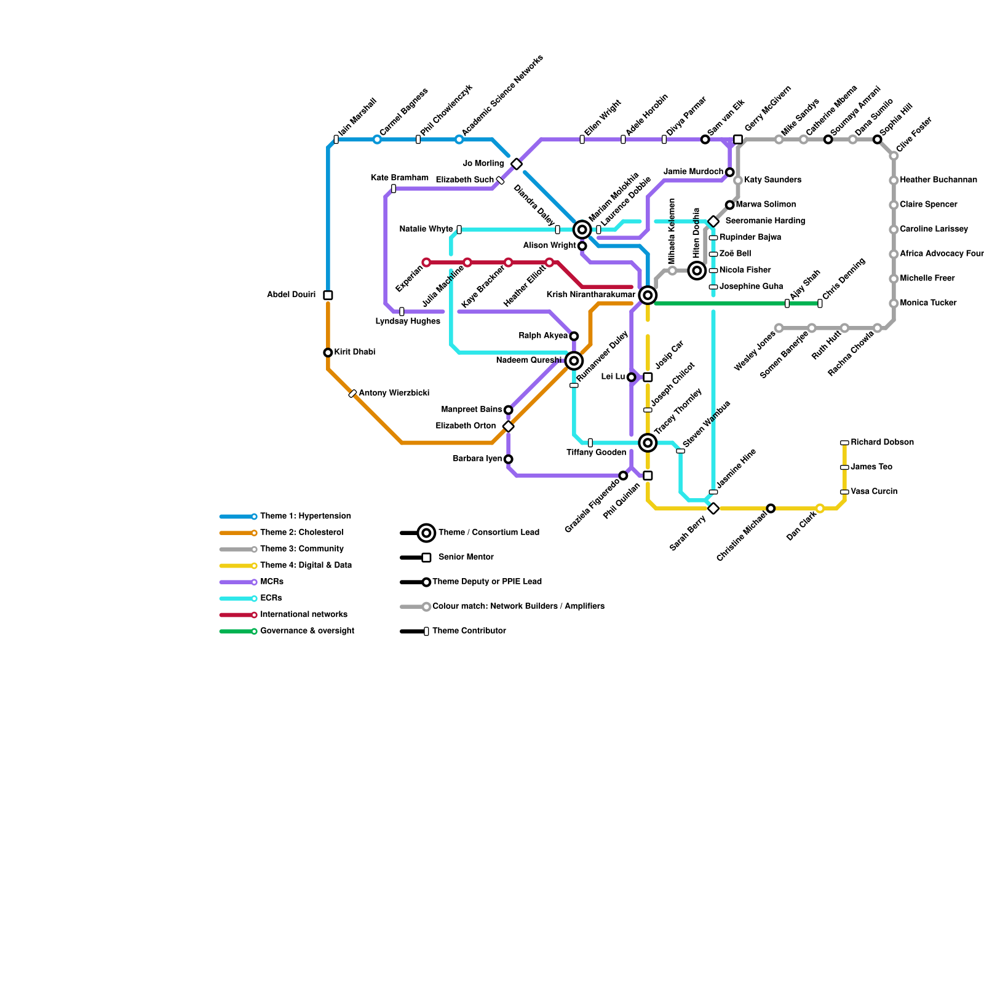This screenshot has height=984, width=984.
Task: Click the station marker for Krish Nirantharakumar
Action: [x=648, y=295]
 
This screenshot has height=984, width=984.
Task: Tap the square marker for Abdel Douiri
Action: [x=328, y=295]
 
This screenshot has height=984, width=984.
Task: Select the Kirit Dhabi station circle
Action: [x=328, y=352]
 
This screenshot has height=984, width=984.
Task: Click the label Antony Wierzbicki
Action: [x=394, y=393]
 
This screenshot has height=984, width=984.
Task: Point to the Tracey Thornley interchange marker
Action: [x=648, y=442]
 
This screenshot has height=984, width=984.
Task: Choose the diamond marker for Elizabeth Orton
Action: [x=508, y=426]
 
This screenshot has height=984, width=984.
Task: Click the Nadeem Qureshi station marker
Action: [x=574, y=360]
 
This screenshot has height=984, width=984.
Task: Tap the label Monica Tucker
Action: [x=928, y=303]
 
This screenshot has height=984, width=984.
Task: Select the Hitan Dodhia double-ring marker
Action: [x=697, y=270]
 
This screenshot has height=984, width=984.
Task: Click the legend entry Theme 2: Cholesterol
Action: [x=301, y=533]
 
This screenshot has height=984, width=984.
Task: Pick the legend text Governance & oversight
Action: [x=307, y=631]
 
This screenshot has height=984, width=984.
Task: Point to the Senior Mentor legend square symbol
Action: [x=426, y=558]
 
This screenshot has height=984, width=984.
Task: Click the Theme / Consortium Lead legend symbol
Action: [x=426, y=533]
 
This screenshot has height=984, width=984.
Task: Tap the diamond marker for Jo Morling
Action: [x=517, y=164]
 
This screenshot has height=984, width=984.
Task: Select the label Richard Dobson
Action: [x=882, y=442]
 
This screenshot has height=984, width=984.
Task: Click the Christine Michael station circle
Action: [x=771, y=508]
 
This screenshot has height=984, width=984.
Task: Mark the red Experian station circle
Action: [x=426, y=263]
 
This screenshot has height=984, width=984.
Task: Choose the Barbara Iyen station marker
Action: [x=508, y=459]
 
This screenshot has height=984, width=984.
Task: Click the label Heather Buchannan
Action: [x=938, y=180]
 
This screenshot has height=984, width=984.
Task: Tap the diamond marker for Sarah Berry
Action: [x=713, y=508]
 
